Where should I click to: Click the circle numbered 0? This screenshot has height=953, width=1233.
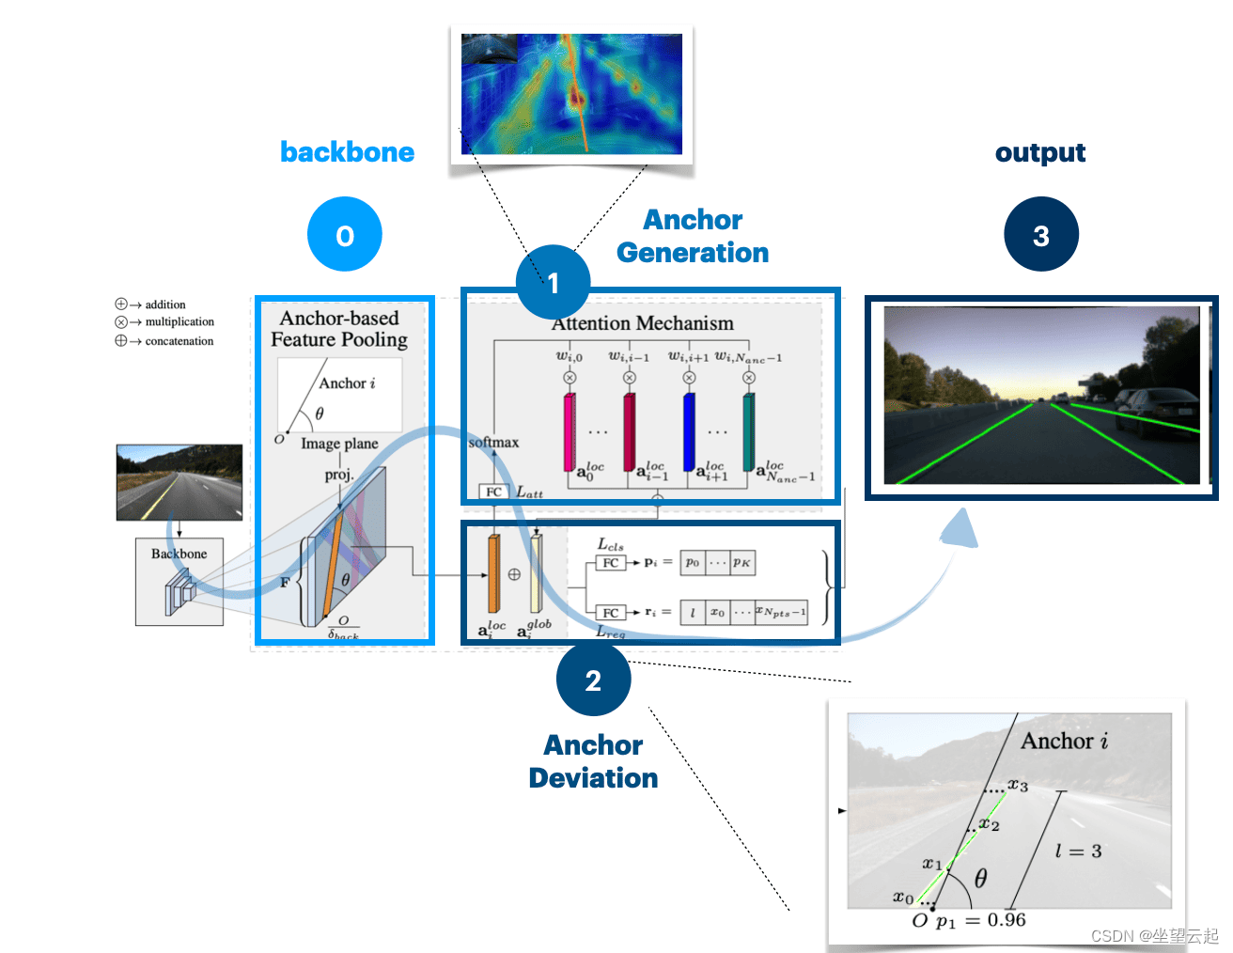(344, 235)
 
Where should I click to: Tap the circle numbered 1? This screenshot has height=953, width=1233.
(553, 282)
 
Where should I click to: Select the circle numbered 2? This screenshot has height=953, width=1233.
(593, 680)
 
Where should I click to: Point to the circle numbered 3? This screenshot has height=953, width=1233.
(1040, 235)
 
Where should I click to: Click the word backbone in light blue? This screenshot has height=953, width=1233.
(347, 152)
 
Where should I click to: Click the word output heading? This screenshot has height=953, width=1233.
(1040, 152)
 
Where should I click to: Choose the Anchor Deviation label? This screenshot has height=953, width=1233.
(593, 761)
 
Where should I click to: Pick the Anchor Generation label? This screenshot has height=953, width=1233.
(693, 236)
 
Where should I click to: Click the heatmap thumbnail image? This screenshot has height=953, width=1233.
(571, 94)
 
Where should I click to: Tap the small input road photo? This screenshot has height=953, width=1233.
(179, 482)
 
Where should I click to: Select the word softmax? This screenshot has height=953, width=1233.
(493, 442)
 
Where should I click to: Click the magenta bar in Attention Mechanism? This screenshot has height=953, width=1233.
(569, 431)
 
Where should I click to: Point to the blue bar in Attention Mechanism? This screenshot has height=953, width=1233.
(689, 431)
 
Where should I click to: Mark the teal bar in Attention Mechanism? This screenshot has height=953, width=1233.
(749, 431)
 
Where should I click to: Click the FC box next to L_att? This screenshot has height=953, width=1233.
(493, 492)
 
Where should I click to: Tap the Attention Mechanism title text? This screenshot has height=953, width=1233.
(643, 323)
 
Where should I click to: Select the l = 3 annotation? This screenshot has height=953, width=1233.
(1078, 851)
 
